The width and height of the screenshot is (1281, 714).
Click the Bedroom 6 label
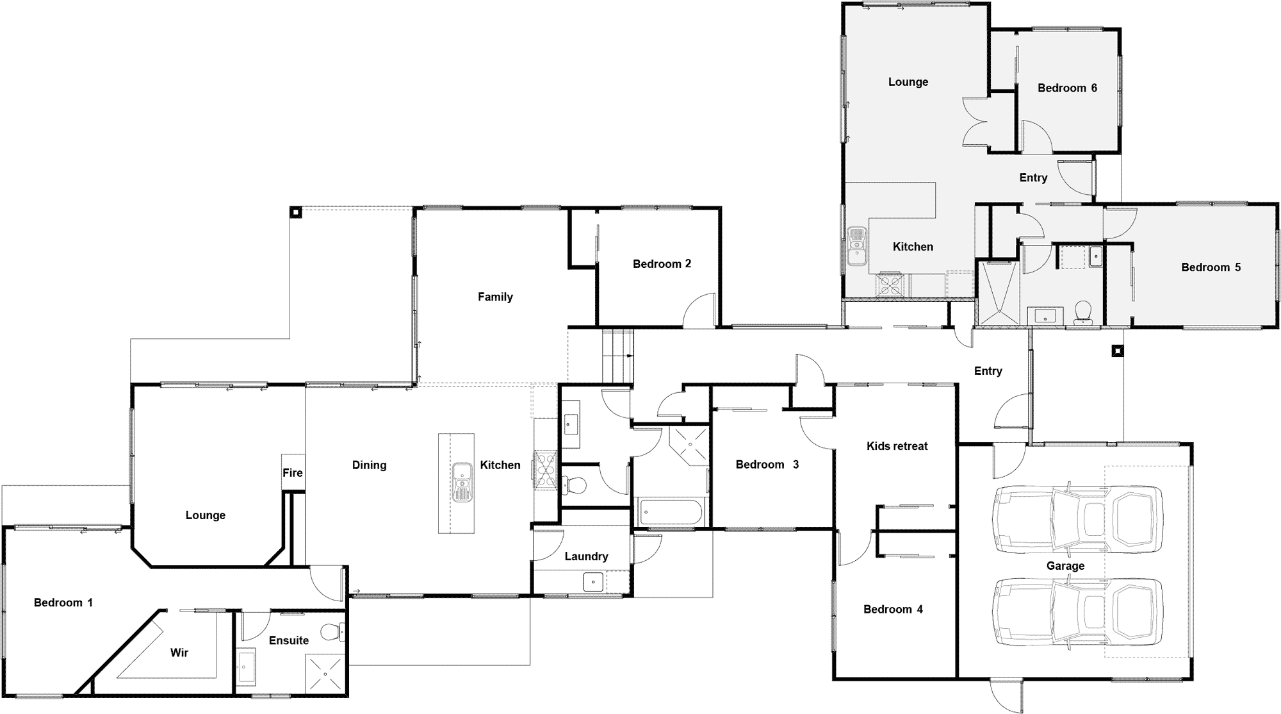1067,88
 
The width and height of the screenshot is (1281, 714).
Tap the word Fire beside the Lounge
293,473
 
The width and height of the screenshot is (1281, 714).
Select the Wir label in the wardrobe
179,652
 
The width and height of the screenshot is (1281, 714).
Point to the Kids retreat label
897,446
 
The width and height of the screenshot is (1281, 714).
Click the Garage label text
1065,566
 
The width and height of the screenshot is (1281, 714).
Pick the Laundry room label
586,556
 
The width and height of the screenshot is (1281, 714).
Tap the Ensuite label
289,640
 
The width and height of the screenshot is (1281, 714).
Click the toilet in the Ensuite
333,632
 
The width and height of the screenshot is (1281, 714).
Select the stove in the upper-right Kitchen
890,285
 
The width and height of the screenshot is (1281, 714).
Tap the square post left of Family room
295,212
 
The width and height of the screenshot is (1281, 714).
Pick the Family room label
495,297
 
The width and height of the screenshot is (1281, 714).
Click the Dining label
369,465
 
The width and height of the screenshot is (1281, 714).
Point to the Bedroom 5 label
1211,267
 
